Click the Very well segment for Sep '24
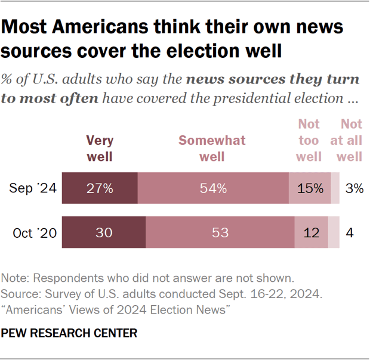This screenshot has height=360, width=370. [x=100, y=188]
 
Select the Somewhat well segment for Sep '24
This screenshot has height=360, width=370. [x=213, y=188]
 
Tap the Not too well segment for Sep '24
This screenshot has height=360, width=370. [x=309, y=188]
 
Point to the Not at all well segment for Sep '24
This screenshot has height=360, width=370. [x=335, y=188]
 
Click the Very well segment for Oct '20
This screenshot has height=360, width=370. [x=104, y=232]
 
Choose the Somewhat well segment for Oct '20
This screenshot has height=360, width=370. [x=220, y=232]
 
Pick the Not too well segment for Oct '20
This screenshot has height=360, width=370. [x=311, y=232]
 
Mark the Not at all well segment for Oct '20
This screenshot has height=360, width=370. [x=334, y=232]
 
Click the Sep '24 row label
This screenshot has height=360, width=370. [x=33, y=189]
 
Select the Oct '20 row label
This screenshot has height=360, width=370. [x=35, y=232]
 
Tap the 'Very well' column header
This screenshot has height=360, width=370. [x=100, y=148]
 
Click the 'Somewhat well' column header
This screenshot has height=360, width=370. [x=212, y=148]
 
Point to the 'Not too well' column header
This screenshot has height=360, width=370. [x=309, y=140]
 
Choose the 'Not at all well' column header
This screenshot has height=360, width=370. [x=350, y=140]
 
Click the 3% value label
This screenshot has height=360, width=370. [x=354, y=189]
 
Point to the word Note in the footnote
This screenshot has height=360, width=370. [x=14, y=278]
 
